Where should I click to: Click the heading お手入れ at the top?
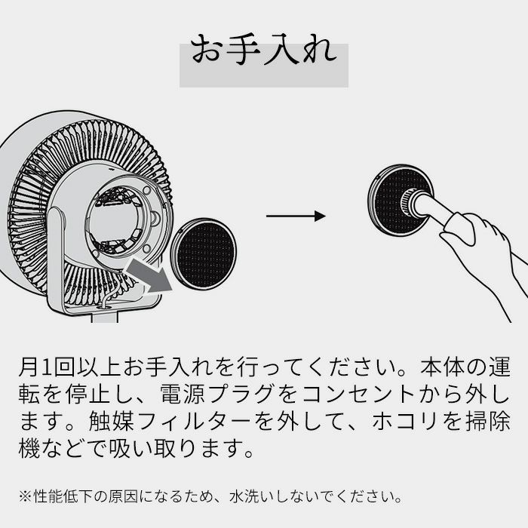(x=264, y=51)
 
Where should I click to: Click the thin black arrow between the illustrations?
(x=296, y=216)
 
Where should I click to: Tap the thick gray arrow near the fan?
(x=148, y=274)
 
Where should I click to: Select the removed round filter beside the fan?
(x=204, y=253)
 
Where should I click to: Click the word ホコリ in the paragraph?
(x=404, y=421)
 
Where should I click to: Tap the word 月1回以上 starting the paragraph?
(x=69, y=367)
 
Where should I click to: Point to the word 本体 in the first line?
(x=443, y=367)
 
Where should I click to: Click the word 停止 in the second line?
(x=87, y=394)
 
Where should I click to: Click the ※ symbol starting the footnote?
(x=26, y=496)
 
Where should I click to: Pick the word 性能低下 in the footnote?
(x=63, y=496)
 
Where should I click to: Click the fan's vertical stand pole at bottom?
(x=105, y=318)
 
